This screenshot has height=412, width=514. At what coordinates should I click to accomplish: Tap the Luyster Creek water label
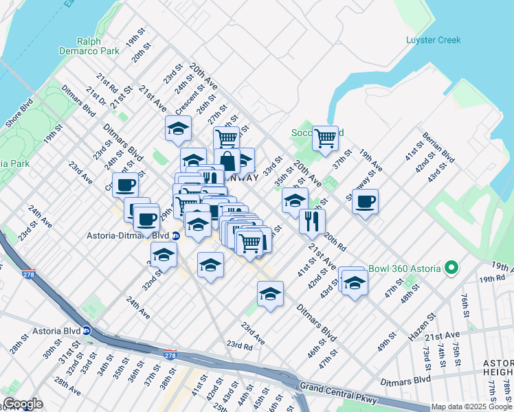[433, 40]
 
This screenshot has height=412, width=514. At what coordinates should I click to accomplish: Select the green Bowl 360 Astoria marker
[451, 268]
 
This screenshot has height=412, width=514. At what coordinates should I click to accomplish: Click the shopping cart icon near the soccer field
[325, 137]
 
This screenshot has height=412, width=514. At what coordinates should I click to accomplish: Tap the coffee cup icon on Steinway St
[365, 201]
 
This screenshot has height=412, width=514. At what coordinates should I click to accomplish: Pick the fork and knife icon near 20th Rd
[312, 221]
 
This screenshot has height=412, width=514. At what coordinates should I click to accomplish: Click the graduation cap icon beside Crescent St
[178, 128]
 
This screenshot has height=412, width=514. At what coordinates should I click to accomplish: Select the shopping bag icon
[227, 162]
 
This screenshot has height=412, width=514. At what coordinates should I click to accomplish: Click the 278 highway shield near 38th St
[170, 355]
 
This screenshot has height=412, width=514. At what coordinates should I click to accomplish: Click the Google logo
[23, 404]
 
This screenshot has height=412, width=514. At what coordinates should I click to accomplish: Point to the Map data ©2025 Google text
[471, 407]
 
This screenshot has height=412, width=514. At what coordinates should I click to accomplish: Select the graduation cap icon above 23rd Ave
[270, 294]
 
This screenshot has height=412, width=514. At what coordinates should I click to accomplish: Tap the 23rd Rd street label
[240, 345]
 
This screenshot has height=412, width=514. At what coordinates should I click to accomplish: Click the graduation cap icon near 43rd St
[355, 282]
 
